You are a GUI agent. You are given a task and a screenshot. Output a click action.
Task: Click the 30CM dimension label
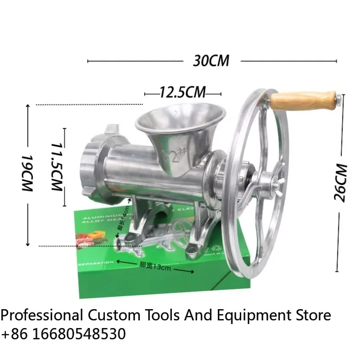pyautogui.click(x=211, y=61)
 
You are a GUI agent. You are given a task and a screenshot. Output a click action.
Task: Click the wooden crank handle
pyautogui.click(x=304, y=100)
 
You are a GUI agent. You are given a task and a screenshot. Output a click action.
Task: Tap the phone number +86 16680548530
pyautogui.click(x=63, y=334)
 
